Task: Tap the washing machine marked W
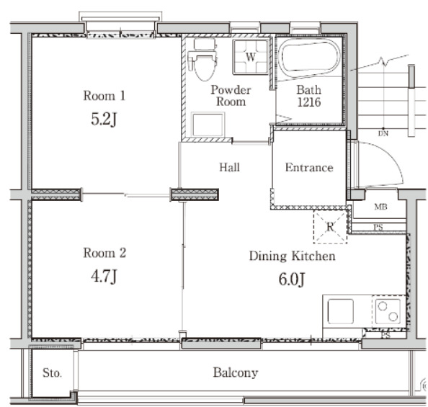251,57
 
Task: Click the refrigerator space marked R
330,227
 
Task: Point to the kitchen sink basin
340,311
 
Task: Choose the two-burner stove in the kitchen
388,311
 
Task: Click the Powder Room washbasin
208,125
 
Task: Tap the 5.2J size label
104,120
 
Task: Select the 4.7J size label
104,276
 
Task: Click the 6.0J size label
292,279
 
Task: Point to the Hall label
230,167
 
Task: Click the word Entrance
309,167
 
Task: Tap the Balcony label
236,373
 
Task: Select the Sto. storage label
52,373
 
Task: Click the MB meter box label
380,207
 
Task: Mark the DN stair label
383,133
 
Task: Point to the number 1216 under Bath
309,102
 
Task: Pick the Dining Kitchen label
292,256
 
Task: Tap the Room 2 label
104,253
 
